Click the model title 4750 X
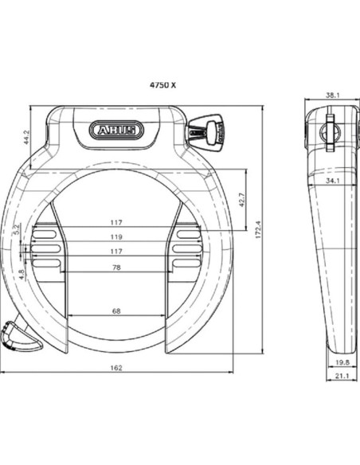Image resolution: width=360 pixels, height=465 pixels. point(162,83)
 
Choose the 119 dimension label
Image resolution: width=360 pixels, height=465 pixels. point(116,236)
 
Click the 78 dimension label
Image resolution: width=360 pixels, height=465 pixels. point(116,268)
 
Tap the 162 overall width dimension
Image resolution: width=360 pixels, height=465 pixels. point(116,368)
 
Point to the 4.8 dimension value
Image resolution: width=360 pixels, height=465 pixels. point(22,273)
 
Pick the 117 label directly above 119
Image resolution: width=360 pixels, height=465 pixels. point(116,222)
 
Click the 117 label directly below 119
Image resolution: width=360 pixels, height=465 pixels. point(116,252)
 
